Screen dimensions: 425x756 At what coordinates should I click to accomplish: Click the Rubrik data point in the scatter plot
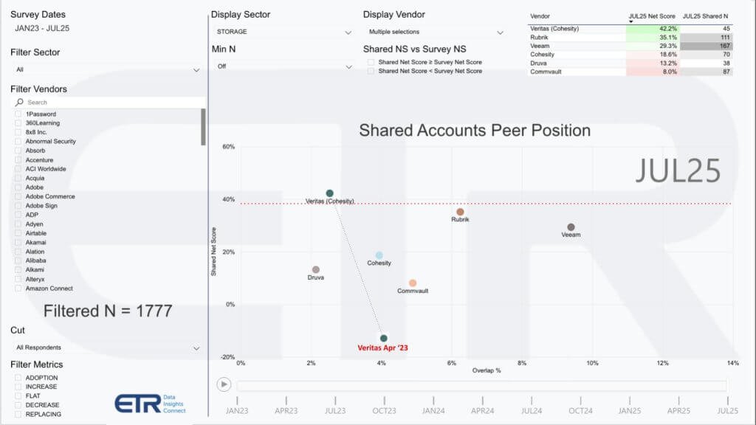coord(460,212)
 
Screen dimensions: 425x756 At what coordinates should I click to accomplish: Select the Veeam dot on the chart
coord(571,227)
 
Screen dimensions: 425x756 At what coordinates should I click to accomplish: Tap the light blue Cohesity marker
coord(379,255)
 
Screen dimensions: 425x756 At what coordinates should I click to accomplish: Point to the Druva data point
coord(316,270)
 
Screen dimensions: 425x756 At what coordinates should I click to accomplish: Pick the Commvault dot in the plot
coord(413,283)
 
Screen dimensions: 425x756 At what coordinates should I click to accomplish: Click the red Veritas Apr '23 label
coord(382,348)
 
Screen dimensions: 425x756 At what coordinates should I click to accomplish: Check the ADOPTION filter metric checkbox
coord(18,378)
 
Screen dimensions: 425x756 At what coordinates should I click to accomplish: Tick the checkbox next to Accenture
coord(18,159)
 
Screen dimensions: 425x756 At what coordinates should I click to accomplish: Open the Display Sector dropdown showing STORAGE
coord(283,32)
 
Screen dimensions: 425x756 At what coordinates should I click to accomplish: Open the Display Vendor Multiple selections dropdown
coord(436,32)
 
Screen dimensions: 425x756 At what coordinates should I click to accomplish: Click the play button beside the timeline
coord(223,384)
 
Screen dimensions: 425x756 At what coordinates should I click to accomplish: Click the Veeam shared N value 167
coord(706,46)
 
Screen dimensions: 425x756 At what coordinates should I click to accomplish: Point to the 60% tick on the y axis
coord(229,147)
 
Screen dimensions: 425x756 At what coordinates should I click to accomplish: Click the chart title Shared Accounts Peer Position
coord(475,131)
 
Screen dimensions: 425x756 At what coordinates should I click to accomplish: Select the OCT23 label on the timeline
coord(384,410)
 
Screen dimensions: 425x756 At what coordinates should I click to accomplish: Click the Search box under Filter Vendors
coord(111,103)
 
